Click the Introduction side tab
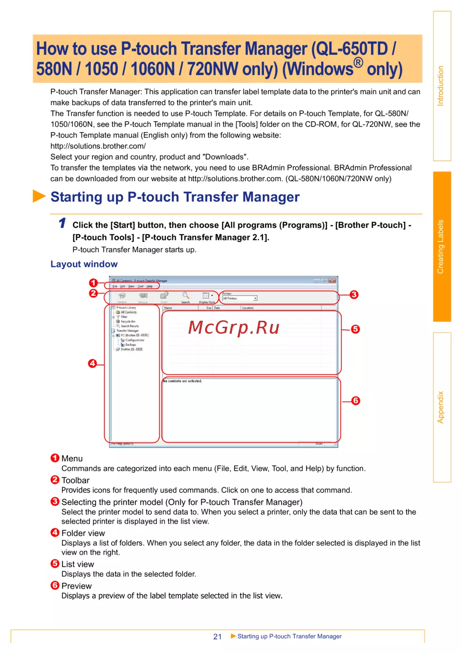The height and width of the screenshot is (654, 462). [441, 86]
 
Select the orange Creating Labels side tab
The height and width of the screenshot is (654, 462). [441, 246]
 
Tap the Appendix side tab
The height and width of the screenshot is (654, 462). [441, 407]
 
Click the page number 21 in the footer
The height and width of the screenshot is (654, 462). [218, 636]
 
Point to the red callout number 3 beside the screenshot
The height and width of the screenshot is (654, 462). [354, 295]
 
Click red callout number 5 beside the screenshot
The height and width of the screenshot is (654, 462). [355, 329]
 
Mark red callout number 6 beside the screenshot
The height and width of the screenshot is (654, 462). [356, 401]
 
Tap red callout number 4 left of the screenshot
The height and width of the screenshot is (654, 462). [93, 363]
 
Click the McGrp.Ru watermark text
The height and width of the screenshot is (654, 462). [234, 328]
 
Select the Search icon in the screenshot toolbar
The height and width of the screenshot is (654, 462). [186, 296]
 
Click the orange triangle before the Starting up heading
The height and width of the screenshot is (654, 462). [39, 196]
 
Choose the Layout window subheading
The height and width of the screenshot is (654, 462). [84, 264]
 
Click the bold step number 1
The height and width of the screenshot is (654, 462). [62, 223]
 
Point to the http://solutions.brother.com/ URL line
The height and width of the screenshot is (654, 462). [98, 146]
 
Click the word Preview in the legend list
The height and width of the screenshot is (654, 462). [77, 586]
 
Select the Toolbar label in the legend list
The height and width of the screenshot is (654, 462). [75, 480]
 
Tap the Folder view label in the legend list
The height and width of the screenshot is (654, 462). [83, 533]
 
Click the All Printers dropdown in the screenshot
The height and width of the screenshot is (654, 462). [240, 299]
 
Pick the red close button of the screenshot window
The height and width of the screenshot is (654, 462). [333, 281]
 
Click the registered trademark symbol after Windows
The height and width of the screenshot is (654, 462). [359, 62]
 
